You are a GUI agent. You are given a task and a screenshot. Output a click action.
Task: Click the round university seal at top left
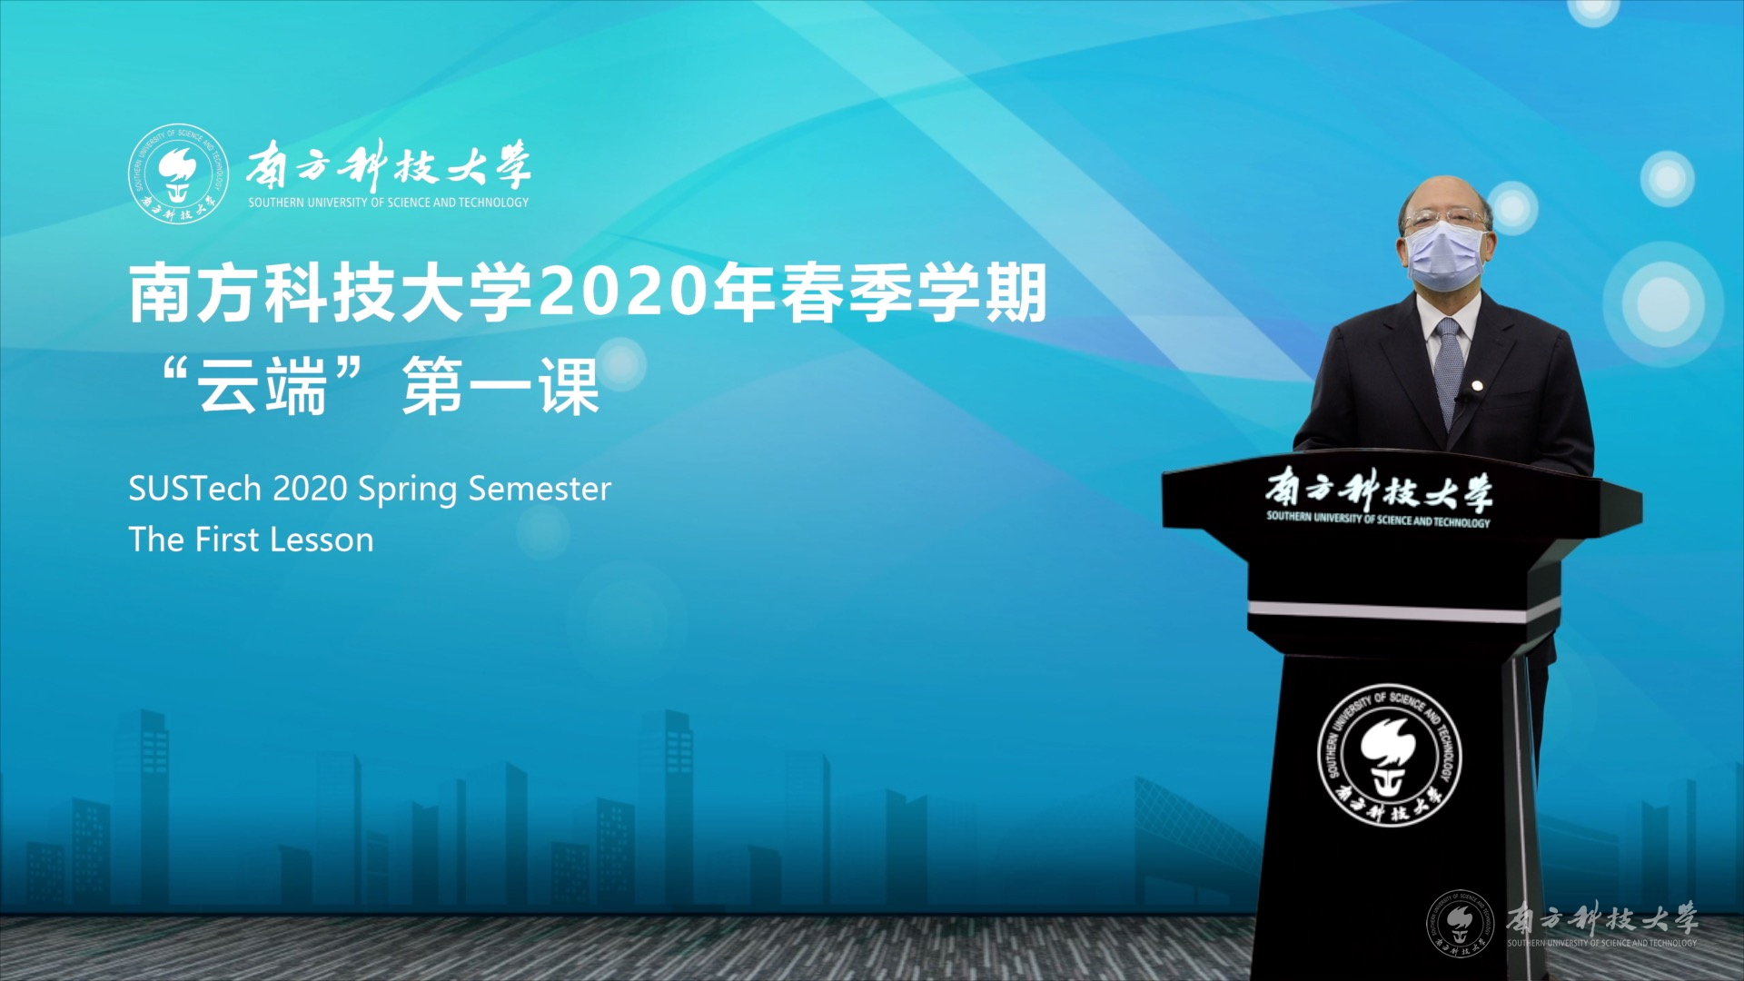178,174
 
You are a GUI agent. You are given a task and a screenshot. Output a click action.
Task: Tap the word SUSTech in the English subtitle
195,489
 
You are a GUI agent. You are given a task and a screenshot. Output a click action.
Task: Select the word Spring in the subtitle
408,490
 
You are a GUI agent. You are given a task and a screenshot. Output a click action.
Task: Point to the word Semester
540,489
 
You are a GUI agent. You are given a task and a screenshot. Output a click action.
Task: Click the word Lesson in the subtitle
322,540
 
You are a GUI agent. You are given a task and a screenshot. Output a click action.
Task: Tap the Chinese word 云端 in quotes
263,386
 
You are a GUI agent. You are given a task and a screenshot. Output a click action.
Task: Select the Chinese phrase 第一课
500,386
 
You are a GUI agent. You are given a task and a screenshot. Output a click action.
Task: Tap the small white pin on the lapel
1478,386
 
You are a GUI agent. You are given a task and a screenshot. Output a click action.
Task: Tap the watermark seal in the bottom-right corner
1460,923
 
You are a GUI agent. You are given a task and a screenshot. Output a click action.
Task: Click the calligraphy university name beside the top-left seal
388,166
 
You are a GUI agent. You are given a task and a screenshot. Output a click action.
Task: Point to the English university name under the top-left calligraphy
389,203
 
